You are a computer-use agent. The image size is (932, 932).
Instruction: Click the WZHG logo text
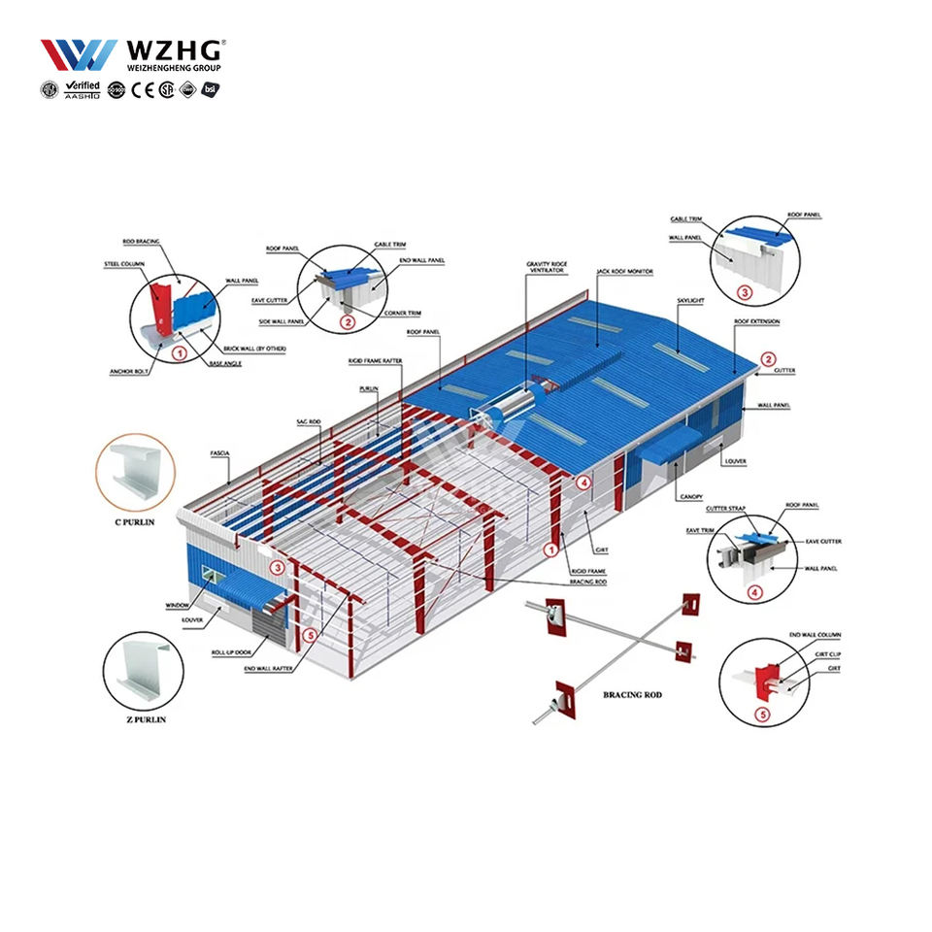[x=173, y=50]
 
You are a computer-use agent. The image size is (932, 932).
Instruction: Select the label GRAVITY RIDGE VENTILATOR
[x=545, y=267]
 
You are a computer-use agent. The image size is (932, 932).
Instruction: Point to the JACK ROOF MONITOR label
[x=624, y=272]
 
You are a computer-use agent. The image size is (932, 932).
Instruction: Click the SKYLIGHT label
[x=690, y=301]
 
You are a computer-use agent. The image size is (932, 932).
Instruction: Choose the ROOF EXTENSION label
[x=756, y=321]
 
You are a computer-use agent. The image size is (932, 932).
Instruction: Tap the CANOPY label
[x=691, y=496]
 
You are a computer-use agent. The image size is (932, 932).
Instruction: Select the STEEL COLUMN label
[x=124, y=263]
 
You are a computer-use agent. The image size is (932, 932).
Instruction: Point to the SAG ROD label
[x=308, y=422]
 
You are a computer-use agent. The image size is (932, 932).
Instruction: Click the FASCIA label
[x=219, y=453]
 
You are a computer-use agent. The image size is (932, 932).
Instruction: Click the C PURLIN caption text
[x=137, y=521]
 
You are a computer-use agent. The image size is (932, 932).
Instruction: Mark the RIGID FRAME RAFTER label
[x=376, y=361]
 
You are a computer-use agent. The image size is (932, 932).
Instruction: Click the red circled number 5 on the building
[x=311, y=636]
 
